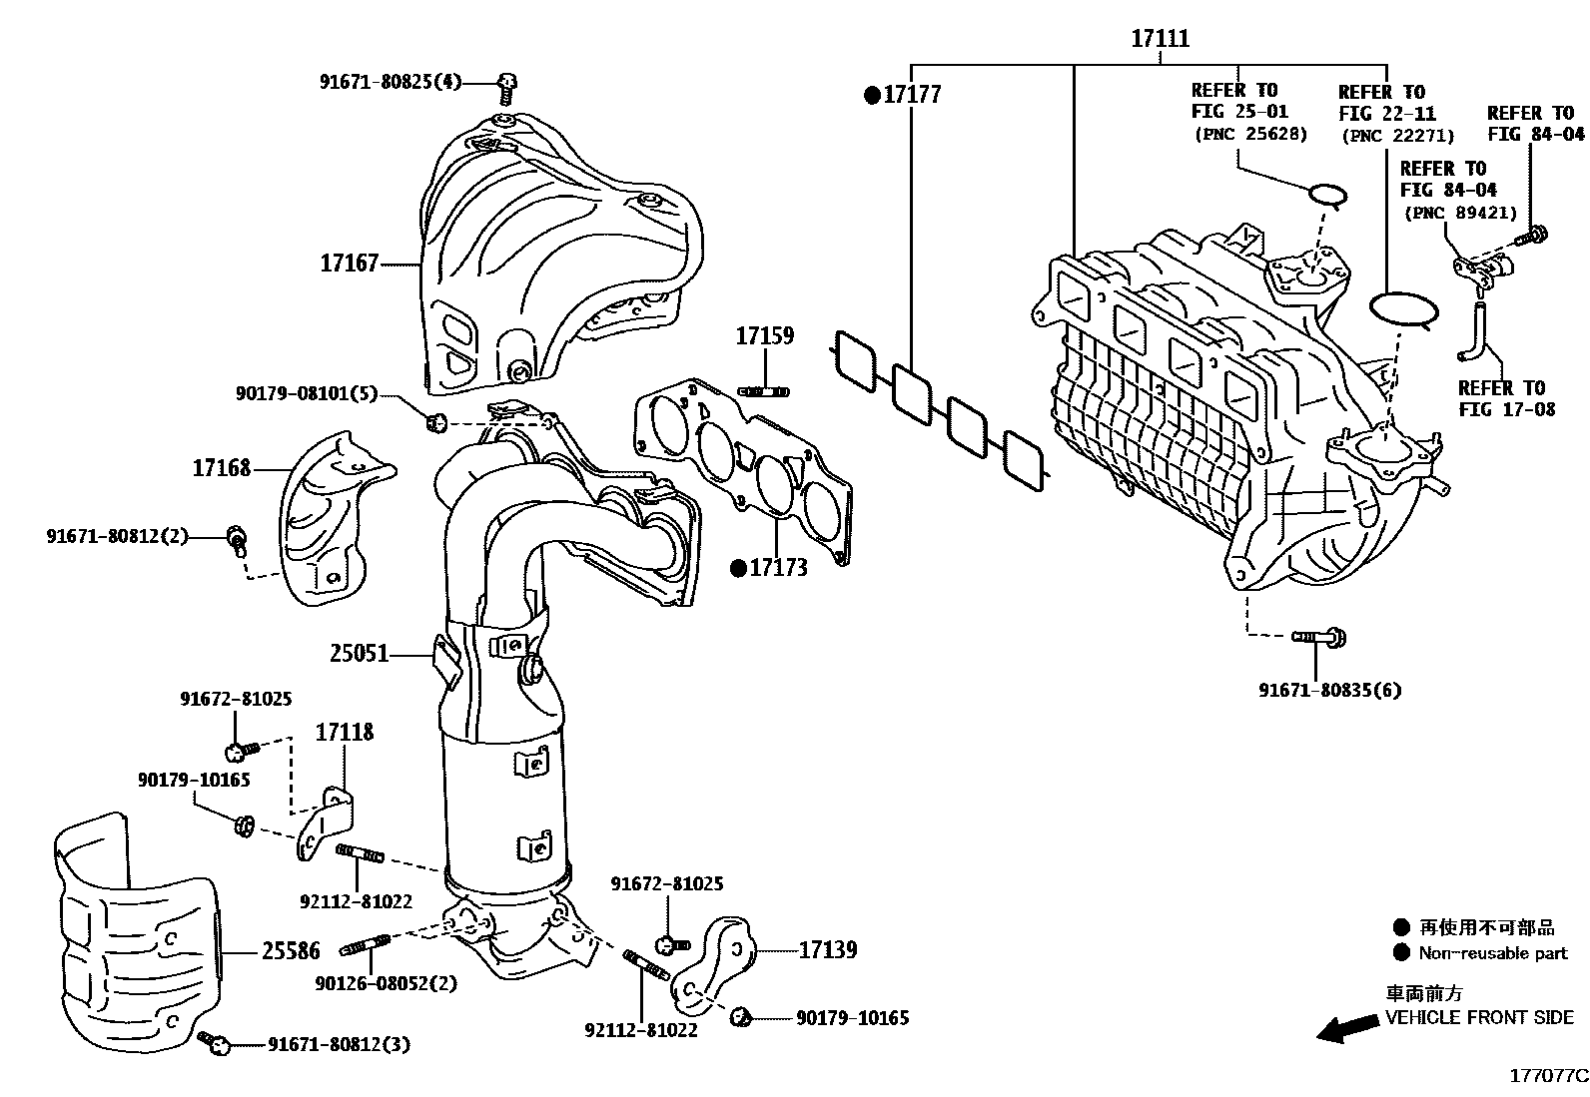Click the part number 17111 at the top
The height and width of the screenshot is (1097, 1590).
tap(1160, 39)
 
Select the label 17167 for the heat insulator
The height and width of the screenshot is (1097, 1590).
tap(349, 264)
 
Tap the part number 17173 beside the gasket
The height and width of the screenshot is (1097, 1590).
tap(778, 568)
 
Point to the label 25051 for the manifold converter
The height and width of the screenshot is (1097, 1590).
tap(359, 655)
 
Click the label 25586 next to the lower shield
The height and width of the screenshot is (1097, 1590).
tap(291, 951)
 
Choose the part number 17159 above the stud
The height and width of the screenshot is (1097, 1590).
tap(764, 336)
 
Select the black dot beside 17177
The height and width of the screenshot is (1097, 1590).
tap(872, 95)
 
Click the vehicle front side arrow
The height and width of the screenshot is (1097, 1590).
tap(1344, 1029)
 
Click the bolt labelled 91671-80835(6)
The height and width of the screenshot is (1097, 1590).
tap(1319, 636)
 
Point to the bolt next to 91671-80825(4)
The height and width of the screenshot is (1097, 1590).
tap(507, 87)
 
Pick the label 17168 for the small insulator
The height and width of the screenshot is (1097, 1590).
tap(222, 468)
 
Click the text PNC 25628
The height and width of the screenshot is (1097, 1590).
tap(1249, 134)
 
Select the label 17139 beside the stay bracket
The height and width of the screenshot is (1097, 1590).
tap(827, 950)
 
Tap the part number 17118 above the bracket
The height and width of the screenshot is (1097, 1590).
tap(345, 733)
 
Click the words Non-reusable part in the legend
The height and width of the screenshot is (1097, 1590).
tap(1493, 953)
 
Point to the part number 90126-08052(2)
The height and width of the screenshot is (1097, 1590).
tap(386, 983)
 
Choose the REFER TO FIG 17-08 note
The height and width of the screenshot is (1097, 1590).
tap(1500, 398)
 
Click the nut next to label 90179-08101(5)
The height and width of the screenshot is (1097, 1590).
tap(434, 423)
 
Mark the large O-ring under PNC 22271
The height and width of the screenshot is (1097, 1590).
tap(1403, 309)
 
